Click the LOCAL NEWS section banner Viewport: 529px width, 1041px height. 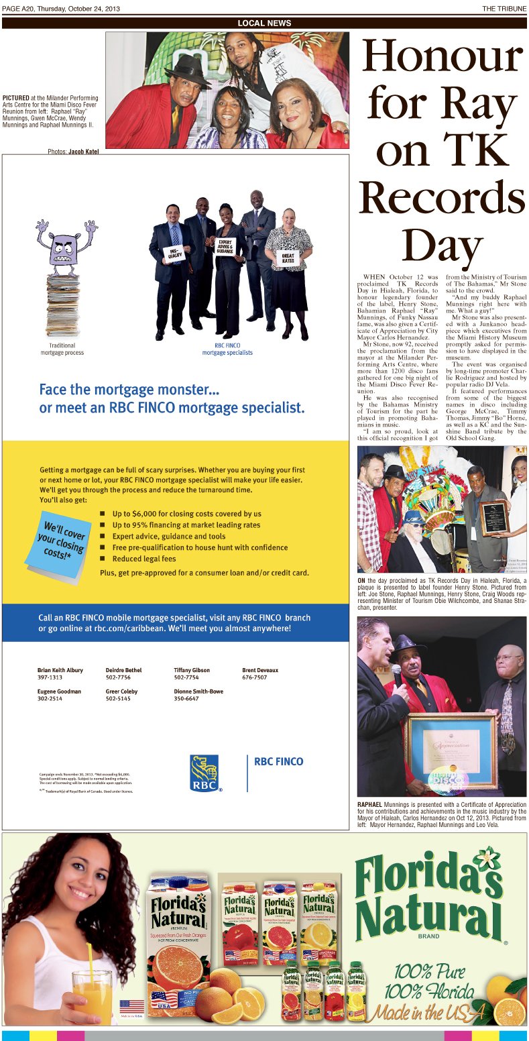coord(264,23)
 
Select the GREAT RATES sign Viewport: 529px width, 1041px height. coord(288,258)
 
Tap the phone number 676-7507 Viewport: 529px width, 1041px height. coord(254,677)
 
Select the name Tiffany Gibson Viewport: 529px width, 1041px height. coord(192,670)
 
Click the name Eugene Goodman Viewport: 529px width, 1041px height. coord(59,691)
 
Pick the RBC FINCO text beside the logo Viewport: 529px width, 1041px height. coord(279,761)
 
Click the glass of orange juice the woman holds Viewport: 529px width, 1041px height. coord(93,988)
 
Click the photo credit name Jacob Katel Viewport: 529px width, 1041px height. coord(83,152)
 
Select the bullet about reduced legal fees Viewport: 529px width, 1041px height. coord(143,559)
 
